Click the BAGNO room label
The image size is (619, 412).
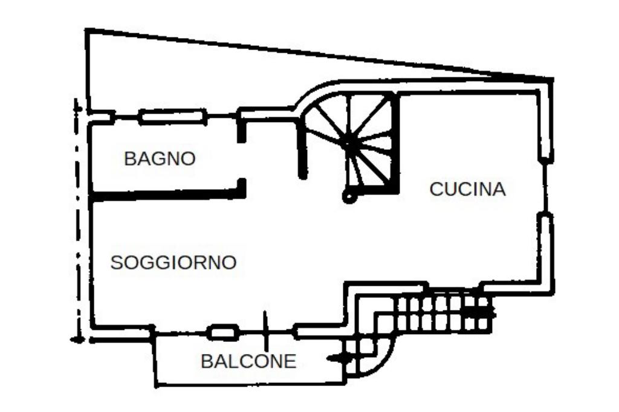click(160, 159)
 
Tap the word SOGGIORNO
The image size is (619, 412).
click(173, 262)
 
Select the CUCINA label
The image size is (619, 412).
click(467, 189)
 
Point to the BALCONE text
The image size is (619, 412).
click(248, 361)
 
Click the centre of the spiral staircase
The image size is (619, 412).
click(350, 143)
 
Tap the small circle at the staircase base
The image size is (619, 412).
click(348, 196)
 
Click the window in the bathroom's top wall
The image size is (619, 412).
click(173, 117)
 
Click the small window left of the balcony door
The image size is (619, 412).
click(223, 333)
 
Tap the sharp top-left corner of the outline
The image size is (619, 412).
click(86, 29)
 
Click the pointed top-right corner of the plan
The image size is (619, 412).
click(553, 80)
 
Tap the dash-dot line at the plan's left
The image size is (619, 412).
click(78, 220)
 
